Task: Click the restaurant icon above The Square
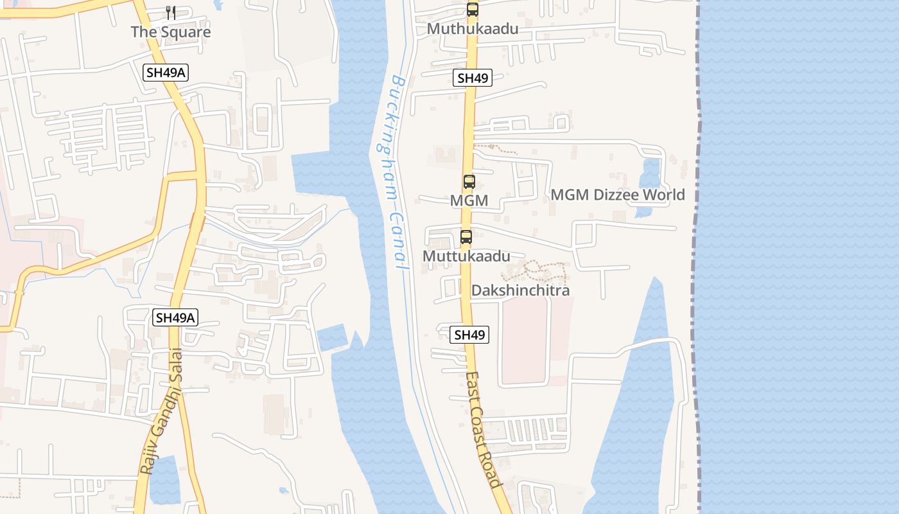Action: tap(171, 13)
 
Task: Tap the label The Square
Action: tap(171, 31)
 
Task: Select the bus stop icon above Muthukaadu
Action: tap(473, 10)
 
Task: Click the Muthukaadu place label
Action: tap(473, 29)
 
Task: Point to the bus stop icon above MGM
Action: tap(469, 182)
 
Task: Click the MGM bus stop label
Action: tap(469, 200)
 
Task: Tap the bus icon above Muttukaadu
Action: tap(466, 237)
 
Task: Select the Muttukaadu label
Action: tap(466, 256)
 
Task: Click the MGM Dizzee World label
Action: tap(618, 195)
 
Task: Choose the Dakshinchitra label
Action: tap(520, 290)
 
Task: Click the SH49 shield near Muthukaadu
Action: tap(473, 78)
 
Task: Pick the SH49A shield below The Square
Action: tap(166, 73)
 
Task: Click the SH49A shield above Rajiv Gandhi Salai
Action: tap(175, 317)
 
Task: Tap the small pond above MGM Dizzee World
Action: tap(650, 172)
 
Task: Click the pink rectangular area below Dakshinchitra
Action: tap(524, 341)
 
